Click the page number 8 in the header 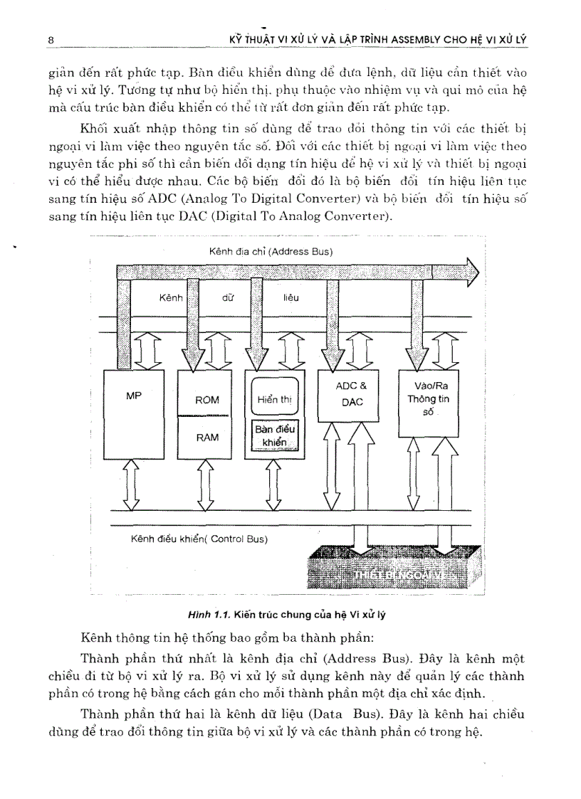51,40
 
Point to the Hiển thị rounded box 275,399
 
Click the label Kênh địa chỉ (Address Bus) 271,252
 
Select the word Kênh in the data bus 172,298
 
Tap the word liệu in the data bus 291,298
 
